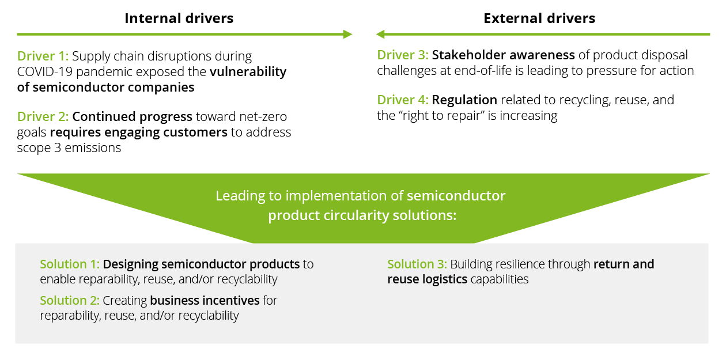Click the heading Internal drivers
179,18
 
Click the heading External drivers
539,18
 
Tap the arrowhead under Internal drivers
347,35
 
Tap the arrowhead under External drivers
381,35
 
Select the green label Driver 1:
43,56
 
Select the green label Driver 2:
43,117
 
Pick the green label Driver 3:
403,55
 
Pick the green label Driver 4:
403,100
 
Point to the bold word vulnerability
248,72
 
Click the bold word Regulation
464,100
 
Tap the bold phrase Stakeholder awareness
503,55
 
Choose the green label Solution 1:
70,264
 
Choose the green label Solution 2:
70,301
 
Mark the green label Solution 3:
417,264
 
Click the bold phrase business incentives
205,301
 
